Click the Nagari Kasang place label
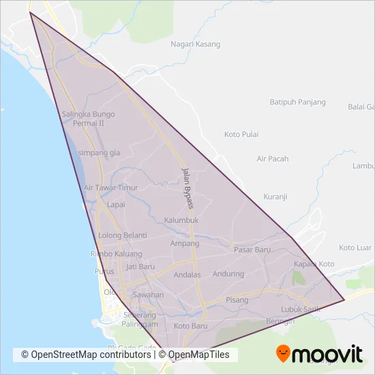[195, 44]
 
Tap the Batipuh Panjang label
[297, 102]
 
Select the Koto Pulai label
[241, 134]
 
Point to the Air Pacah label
[272, 159]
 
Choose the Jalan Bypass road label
[187, 184]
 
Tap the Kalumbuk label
[181, 220]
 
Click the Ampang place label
[184, 243]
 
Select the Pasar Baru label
[252, 250]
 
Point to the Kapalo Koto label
[314, 264]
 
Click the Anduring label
[228, 274]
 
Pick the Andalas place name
[187, 275]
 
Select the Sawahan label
[148, 295]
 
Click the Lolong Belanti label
[123, 235]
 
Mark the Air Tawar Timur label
[110, 187]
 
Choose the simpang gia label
[99, 153]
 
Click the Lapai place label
[116, 203]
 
